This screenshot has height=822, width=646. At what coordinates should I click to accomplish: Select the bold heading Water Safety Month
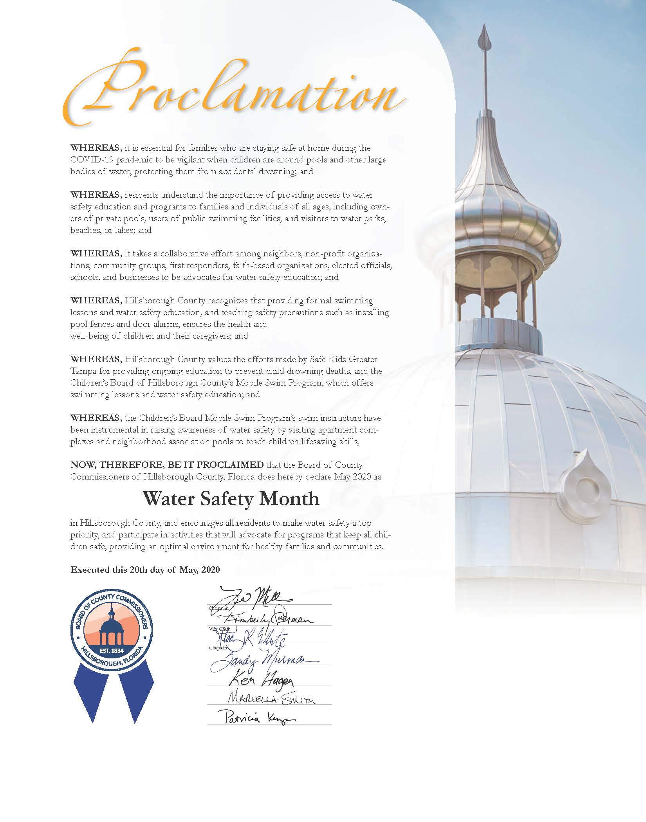(231, 499)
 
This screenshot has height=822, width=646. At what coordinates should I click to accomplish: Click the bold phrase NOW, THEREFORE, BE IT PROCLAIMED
(167, 465)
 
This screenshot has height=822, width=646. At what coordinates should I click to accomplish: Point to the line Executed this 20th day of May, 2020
(145, 570)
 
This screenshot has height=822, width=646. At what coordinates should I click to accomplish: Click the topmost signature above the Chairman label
(254, 598)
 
